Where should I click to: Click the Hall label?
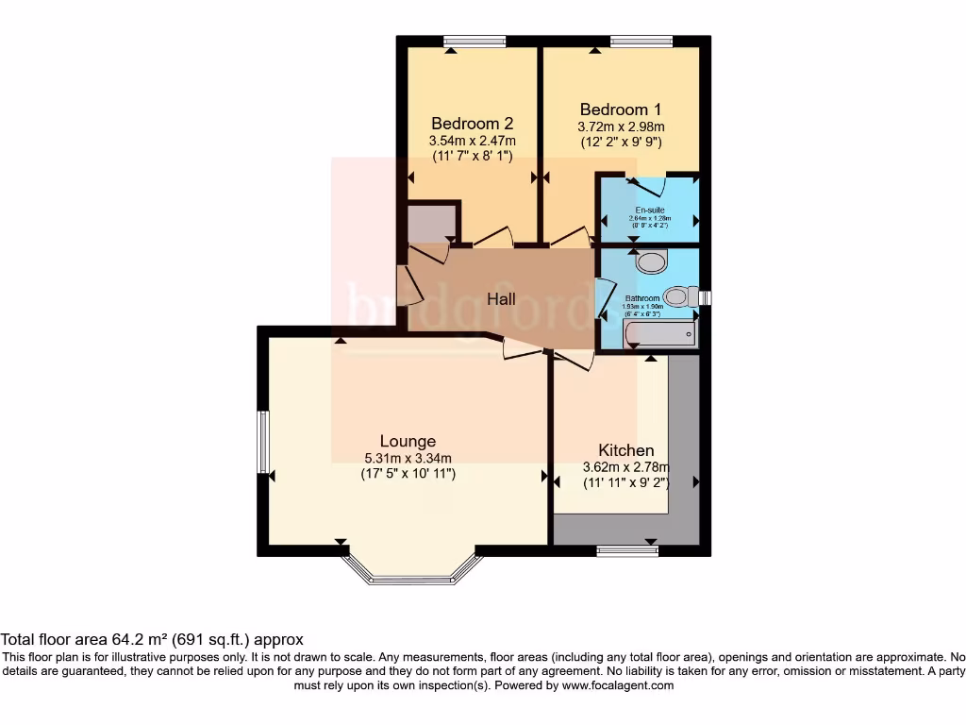(501, 299)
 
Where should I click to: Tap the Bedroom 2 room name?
(472, 124)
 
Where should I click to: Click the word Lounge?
(408, 441)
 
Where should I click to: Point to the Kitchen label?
(625, 450)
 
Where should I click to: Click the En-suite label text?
(648, 210)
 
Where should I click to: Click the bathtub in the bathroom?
(659, 333)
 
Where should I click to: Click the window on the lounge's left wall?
(264, 441)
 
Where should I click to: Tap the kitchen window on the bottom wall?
(627, 550)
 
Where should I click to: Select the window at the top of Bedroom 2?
(475, 41)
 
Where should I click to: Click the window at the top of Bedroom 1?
(641, 41)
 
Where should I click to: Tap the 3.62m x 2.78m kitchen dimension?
(625, 467)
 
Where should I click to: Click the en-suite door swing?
(648, 186)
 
